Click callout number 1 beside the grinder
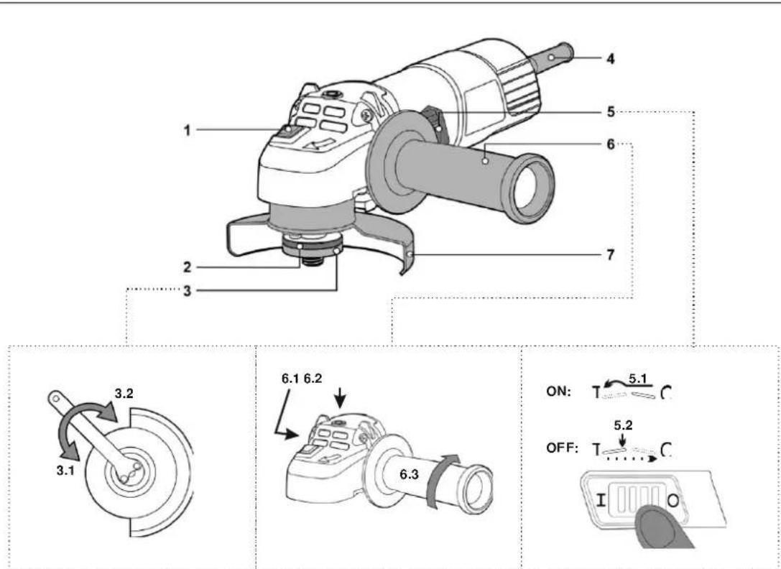pyautogui.click(x=187, y=131)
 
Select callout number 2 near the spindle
pyautogui.click(x=187, y=267)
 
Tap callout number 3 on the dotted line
pyautogui.click(x=187, y=291)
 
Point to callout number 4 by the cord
pyautogui.click(x=610, y=59)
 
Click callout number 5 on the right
pyautogui.click(x=610, y=111)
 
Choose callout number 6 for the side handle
pyautogui.click(x=610, y=146)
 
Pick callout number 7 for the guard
pyautogui.click(x=610, y=254)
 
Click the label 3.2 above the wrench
pyautogui.click(x=124, y=394)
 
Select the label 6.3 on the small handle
pyautogui.click(x=410, y=476)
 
